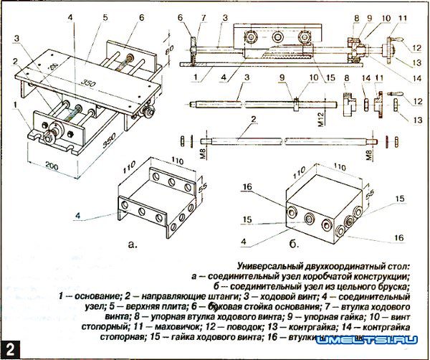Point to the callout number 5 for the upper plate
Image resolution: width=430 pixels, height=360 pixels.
[x=105, y=16]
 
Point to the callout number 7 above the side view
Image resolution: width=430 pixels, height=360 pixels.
[x=204, y=16]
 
